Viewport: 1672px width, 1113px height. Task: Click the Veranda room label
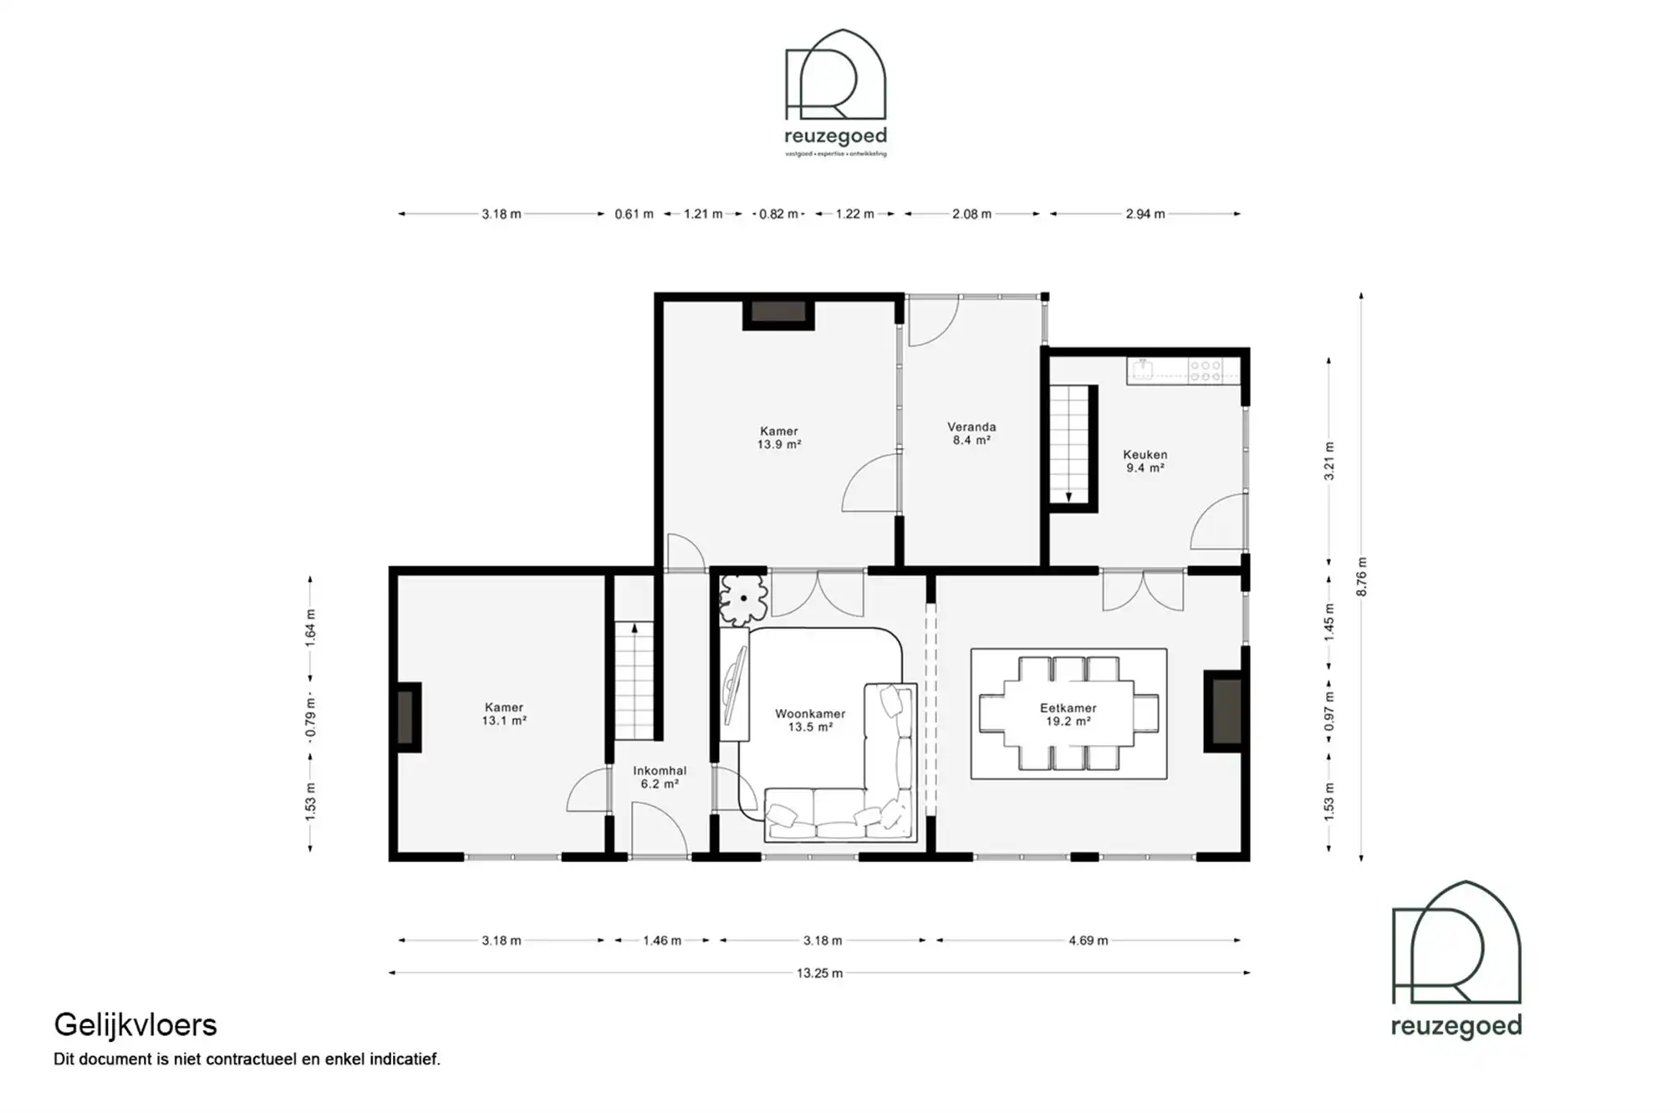(971, 432)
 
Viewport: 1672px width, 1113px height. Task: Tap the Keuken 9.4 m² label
(1144, 461)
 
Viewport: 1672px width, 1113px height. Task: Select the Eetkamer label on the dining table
(1068, 714)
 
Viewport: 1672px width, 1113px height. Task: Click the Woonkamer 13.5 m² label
(809, 720)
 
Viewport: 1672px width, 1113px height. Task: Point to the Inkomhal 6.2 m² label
(660, 777)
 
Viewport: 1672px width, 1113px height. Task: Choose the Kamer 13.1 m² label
(503, 713)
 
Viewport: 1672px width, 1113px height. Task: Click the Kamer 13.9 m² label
(778, 437)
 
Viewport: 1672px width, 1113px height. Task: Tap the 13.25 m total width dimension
(819, 973)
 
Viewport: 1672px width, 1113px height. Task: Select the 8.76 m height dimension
(1361, 576)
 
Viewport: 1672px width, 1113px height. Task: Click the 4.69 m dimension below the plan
(1088, 940)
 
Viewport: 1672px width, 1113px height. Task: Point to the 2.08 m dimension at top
(971, 214)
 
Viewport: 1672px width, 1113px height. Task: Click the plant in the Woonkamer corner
(742, 599)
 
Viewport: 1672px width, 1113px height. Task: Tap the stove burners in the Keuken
(1205, 370)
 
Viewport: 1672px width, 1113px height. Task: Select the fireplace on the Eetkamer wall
(1226, 712)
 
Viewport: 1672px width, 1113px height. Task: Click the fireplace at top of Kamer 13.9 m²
(777, 312)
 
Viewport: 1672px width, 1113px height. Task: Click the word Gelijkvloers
(135, 1024)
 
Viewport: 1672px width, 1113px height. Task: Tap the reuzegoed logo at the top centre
(835, 92)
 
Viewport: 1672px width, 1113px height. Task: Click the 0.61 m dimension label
(634, 214)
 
